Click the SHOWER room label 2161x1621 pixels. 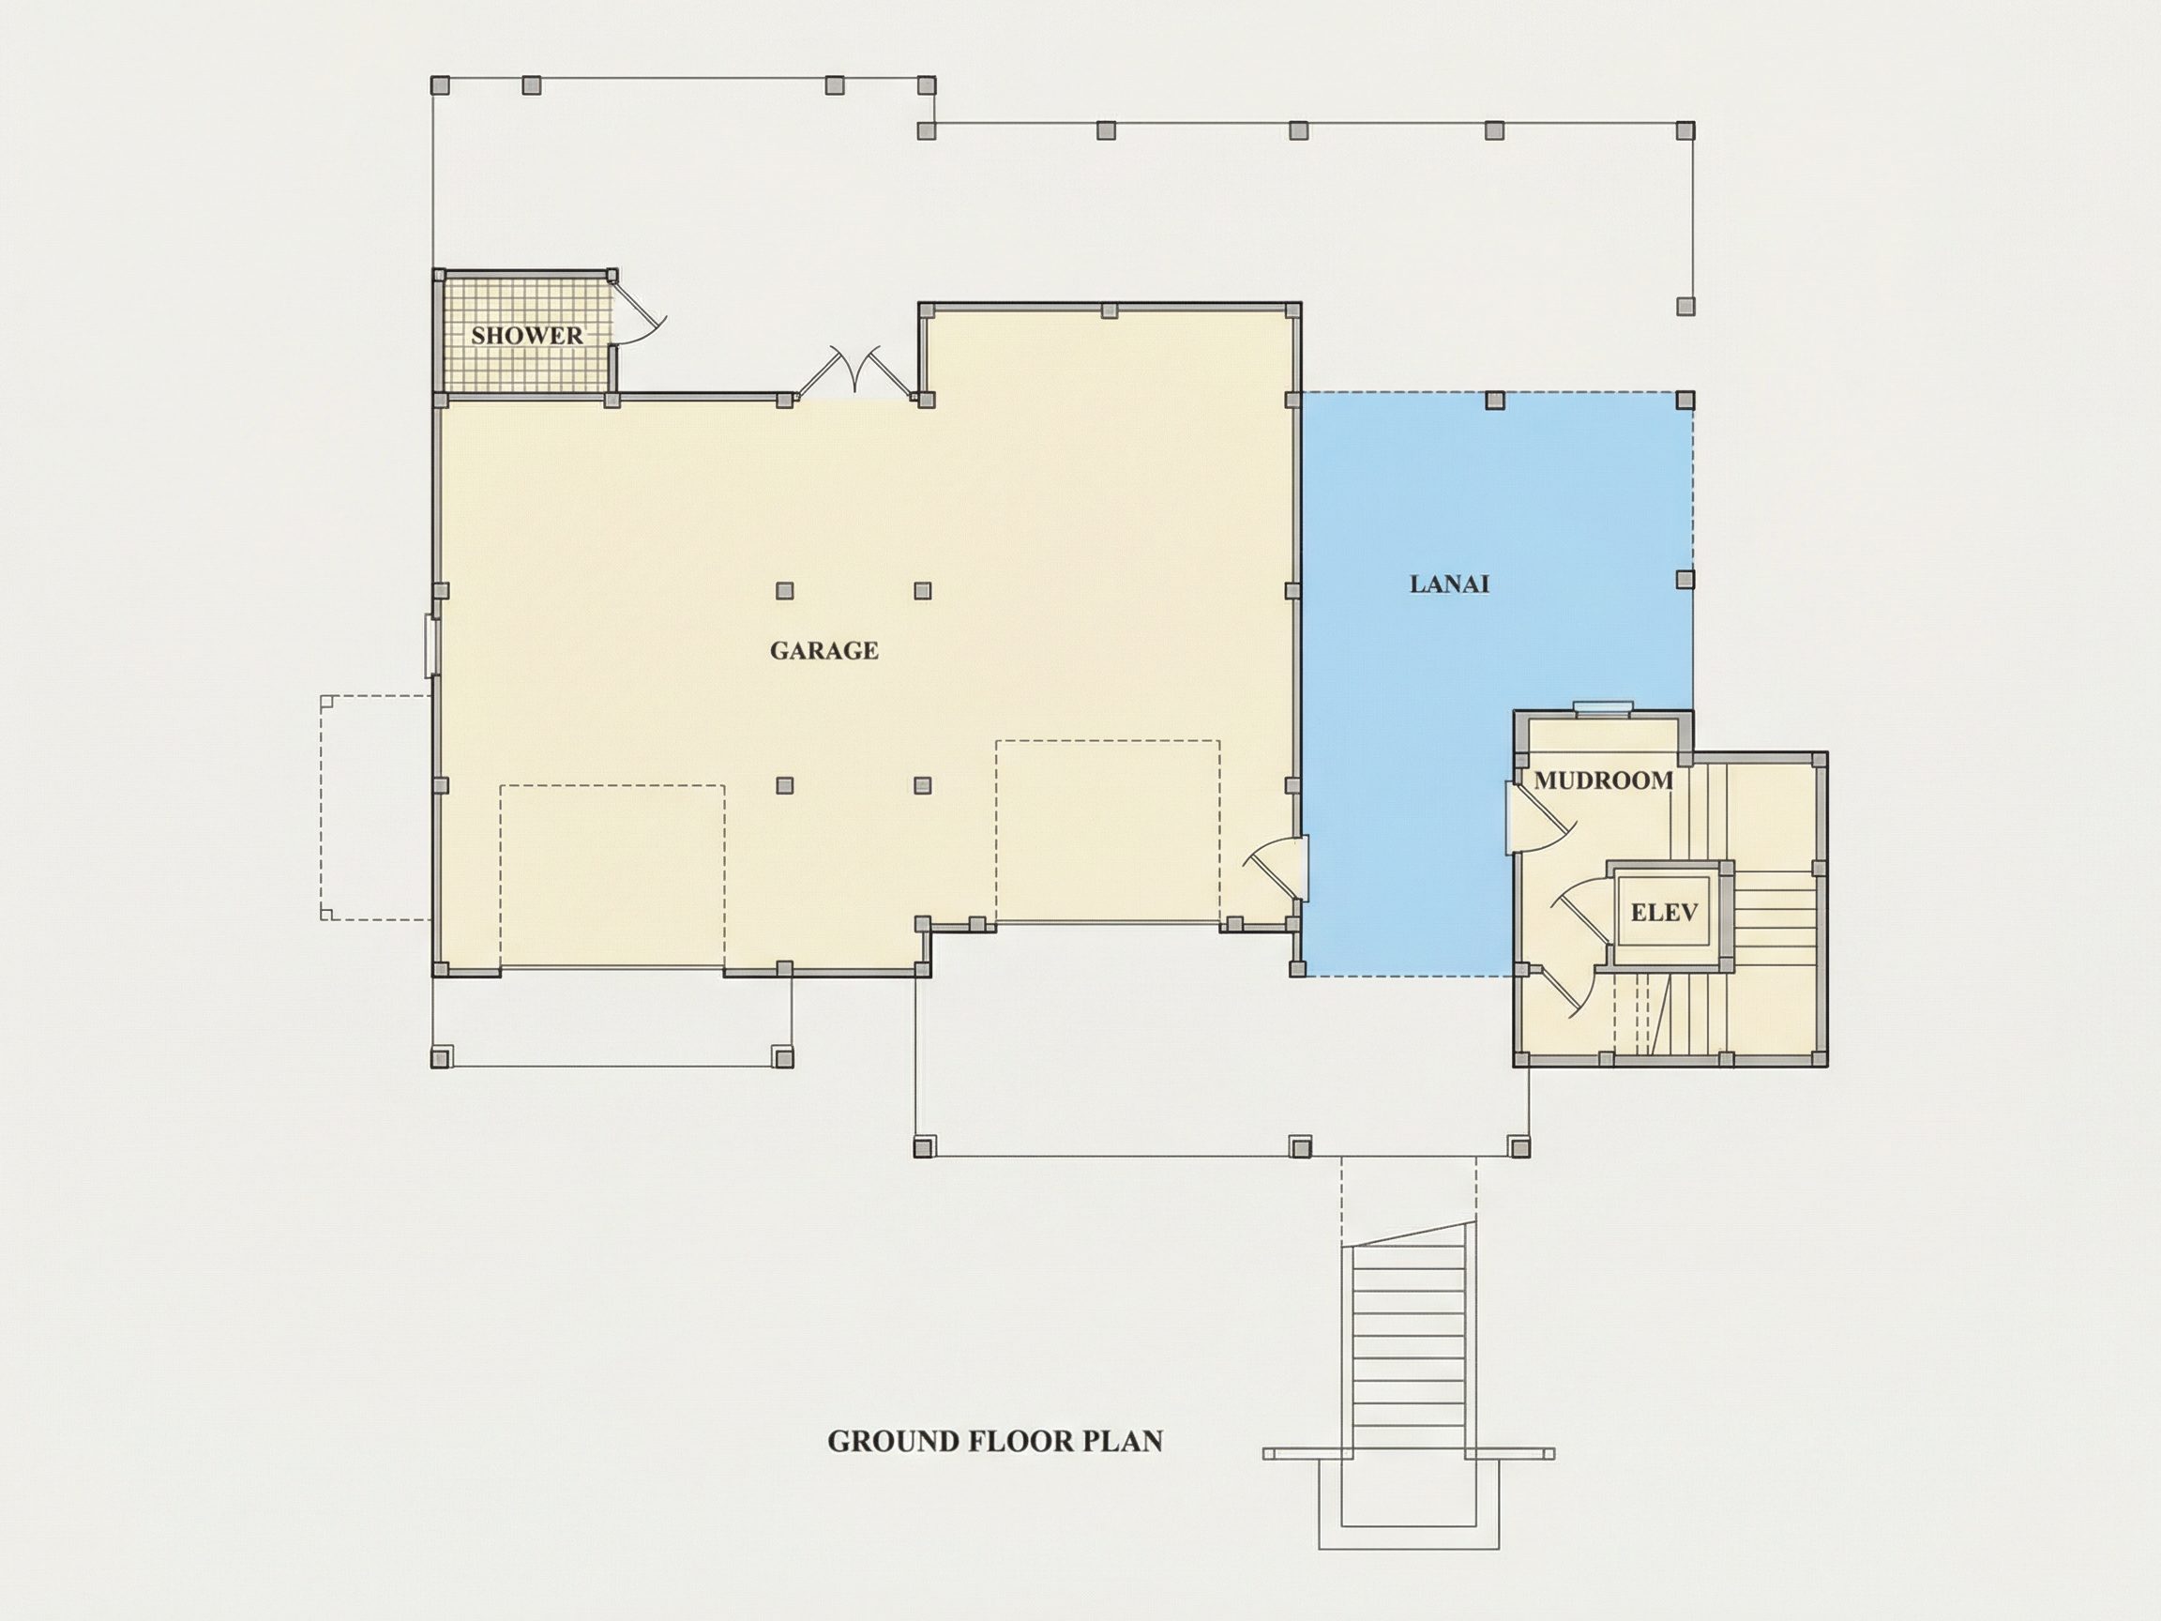click(526, 335)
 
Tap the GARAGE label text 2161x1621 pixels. click(824, 651)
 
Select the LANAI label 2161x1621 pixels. click(1449, 584)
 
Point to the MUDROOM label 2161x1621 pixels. click(1603, 780)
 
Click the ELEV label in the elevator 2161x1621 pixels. click(1664, 913)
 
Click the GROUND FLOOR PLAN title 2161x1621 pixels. click(994, 1441)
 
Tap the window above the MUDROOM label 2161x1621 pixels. click(1602, 707)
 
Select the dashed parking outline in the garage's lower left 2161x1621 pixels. click(612, 876)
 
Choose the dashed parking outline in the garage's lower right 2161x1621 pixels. click(1108, 830)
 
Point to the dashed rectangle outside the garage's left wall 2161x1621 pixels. click(376, 807)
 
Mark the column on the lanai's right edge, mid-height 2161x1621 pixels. click(1685, 580)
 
